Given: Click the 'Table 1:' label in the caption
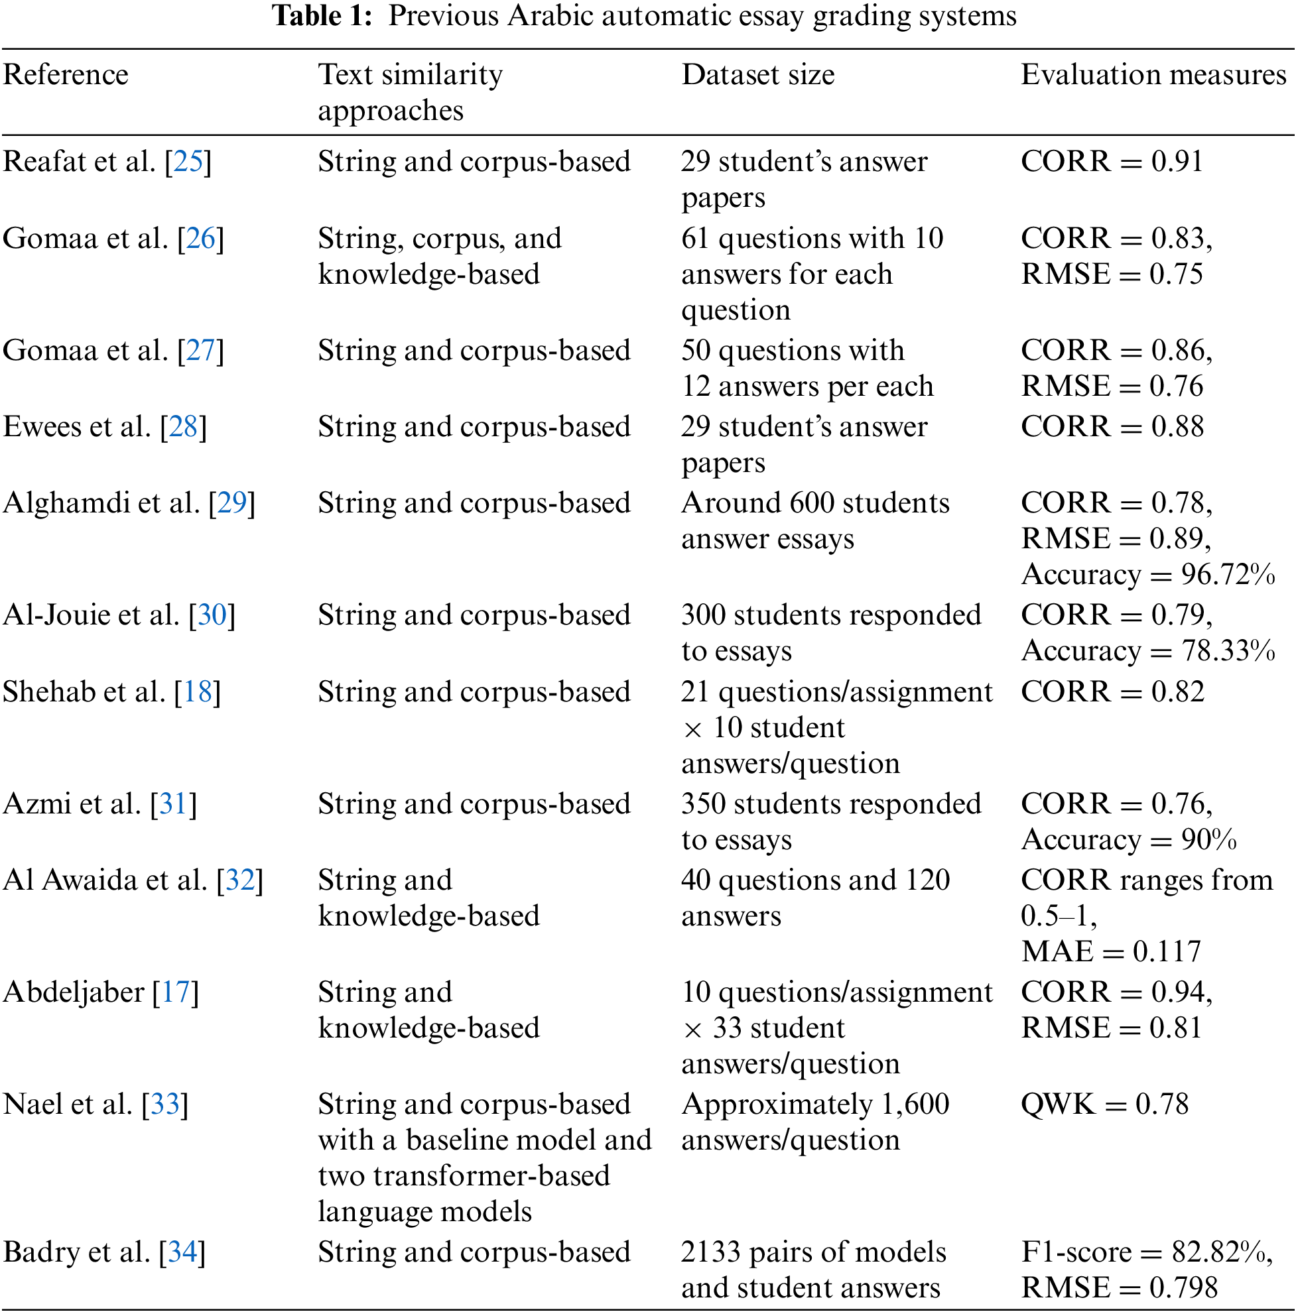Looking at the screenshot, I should coord(322,16).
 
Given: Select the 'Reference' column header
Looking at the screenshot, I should coord(66,74).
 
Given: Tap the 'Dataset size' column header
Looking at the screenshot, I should coord(758,74).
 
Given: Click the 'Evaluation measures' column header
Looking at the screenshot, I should coord(1153,74).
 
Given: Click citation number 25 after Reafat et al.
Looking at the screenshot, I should coord(188,162).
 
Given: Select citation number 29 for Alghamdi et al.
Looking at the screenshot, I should coord(231,503).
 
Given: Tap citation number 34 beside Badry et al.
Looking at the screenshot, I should coord(182,1252).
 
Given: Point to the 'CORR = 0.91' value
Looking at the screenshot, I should coord(1112,162).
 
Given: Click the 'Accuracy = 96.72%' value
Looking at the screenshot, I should coord(1148,575).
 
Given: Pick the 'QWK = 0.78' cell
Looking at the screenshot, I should coord(1104,1104).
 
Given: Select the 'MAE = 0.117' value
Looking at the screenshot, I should coord(1111,951).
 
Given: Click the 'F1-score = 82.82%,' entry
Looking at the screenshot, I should coord(1147,1252).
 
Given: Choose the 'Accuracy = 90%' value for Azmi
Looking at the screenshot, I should coord(1129,840).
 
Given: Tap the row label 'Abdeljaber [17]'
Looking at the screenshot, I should coord(101,992).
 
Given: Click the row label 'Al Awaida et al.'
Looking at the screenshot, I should coord(105,880).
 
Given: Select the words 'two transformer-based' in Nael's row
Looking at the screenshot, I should coord(464,1176).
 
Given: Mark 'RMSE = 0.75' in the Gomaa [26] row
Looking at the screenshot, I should coord(1112,274).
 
